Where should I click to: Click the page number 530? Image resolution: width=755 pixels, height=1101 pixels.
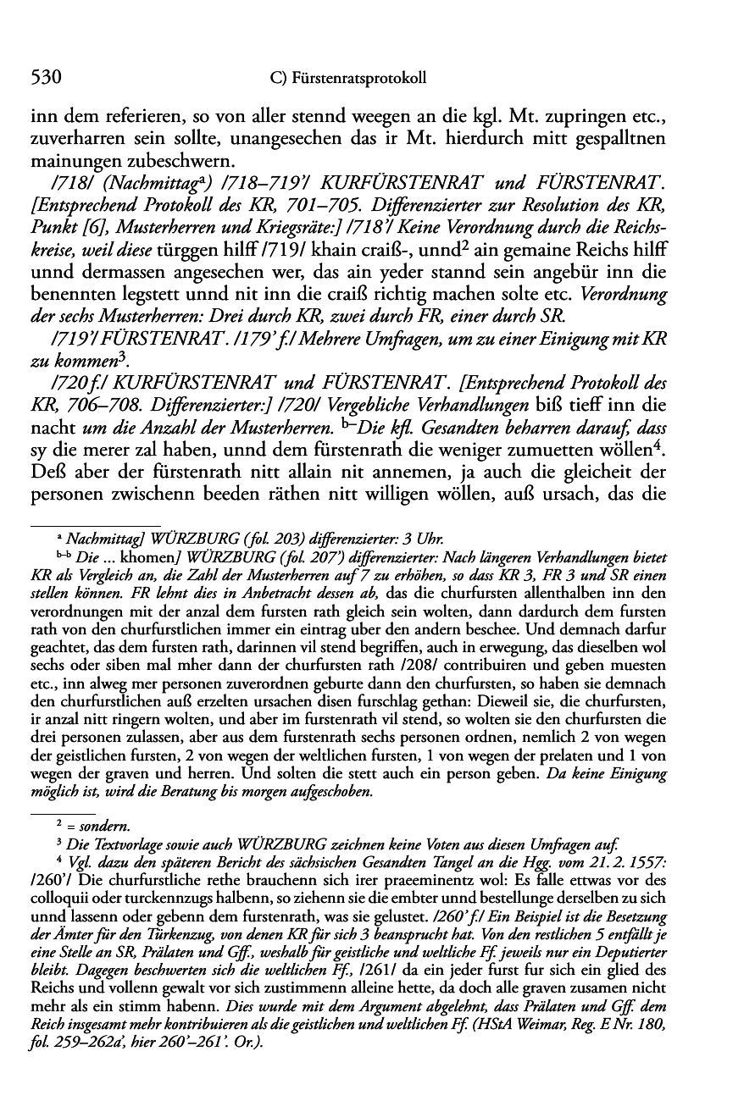click(x=42, y=79)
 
